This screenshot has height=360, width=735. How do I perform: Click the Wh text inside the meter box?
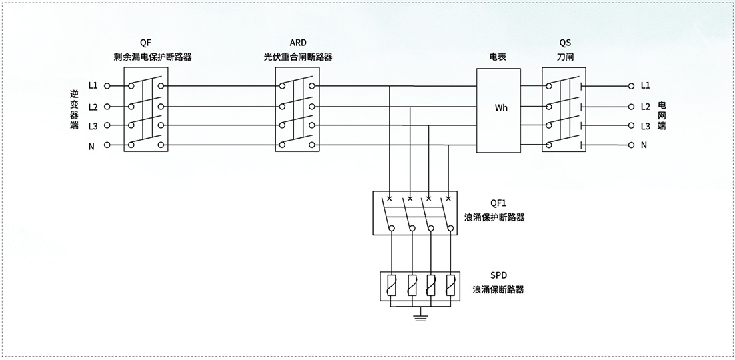pos(501,108)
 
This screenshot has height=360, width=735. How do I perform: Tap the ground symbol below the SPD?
pos(420,318)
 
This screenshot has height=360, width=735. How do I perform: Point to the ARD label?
pos(297,43)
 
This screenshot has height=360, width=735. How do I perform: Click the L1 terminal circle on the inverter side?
pos(107,86)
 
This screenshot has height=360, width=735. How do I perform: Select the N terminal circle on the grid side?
pos(632,145)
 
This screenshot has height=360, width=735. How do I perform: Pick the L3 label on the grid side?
pos(646,126)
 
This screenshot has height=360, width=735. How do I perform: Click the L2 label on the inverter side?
pos(93,107)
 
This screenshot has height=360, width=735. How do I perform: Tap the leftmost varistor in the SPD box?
pos(391,285)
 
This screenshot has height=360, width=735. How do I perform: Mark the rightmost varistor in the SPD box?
pos(450,285)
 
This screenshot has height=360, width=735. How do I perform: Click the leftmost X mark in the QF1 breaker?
pos(390,199)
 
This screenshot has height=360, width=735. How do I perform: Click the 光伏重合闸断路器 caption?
pos(297,57)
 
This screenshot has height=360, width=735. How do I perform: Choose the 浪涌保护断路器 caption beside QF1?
pos(494,217)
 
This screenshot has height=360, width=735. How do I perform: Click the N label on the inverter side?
pos(91,147)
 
